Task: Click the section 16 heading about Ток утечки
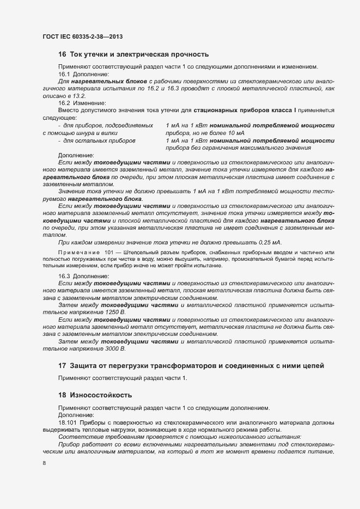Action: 133,54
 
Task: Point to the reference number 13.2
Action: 72,95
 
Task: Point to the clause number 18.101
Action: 68,422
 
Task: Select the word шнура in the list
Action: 88,133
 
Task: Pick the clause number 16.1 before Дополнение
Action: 64,74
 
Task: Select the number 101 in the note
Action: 109,252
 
